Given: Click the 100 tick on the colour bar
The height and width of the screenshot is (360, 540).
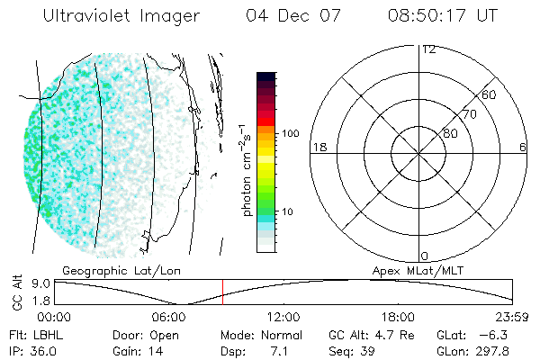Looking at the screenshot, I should tap(290, 133).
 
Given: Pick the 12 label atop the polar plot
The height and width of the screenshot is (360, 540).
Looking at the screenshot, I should tap(429, 49).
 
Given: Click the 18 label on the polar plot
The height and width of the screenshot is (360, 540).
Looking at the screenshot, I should tap(318, 147).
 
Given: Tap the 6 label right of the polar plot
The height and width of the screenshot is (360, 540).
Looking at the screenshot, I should tap(523, 147).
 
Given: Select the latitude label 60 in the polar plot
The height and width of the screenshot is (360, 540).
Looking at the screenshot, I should tap(490, 94).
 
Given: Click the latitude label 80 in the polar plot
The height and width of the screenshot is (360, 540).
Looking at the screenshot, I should tap(450, 133).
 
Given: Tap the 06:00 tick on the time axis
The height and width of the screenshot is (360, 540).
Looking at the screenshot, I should tap(168, 317).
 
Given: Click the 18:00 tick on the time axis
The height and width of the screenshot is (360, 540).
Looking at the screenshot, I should tap(398, 317).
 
